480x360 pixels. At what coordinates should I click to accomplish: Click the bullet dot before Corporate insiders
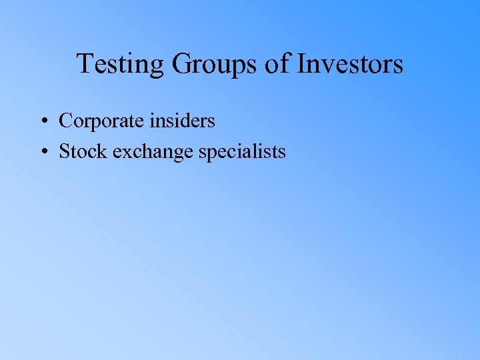[x=42, y=121]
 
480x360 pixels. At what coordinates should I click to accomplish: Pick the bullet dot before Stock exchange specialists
[x=42, y=152]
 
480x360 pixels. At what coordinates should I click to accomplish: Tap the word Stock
[x=83, y=151]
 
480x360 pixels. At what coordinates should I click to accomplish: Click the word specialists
[x=243, y=152]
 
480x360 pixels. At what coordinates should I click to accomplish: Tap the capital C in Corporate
[x=65, y=121]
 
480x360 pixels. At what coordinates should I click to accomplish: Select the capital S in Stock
[x=65, y=151]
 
